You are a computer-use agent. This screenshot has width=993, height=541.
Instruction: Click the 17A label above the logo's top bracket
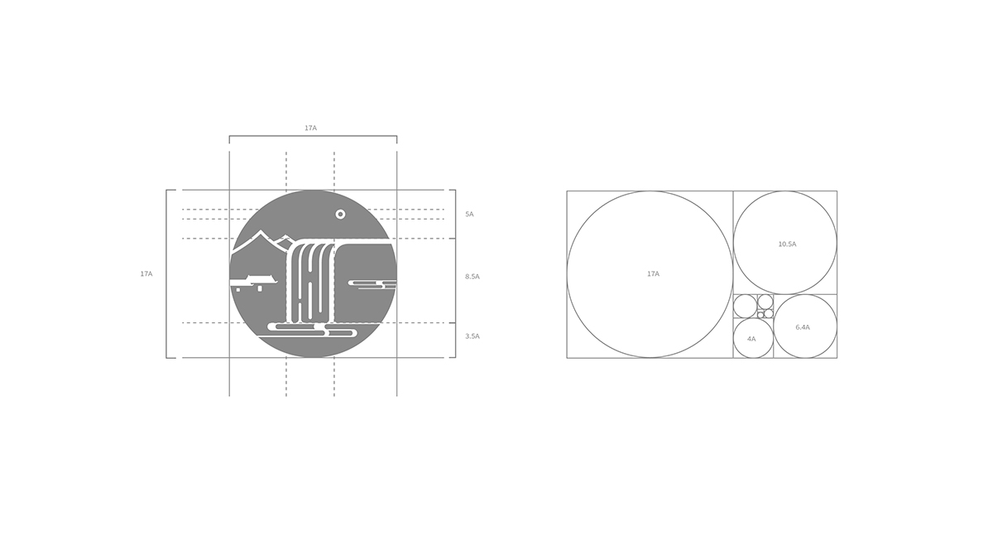click(311, 128)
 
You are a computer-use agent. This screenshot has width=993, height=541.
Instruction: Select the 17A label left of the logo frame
click(146, 274)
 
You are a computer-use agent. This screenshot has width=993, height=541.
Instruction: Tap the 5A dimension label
click(469, 215)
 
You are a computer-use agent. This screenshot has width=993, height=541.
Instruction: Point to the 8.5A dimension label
click(473, 277)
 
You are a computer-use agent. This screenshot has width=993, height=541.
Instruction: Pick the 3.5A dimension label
click(473, 336)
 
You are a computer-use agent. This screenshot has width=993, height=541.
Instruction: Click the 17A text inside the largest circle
click(653, 274)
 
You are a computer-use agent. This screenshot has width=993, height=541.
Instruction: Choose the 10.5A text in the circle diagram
click(787, 244)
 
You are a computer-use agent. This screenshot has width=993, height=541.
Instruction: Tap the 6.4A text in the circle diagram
click(803, 327)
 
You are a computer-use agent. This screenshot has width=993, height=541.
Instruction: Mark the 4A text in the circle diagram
click(751, 339)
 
